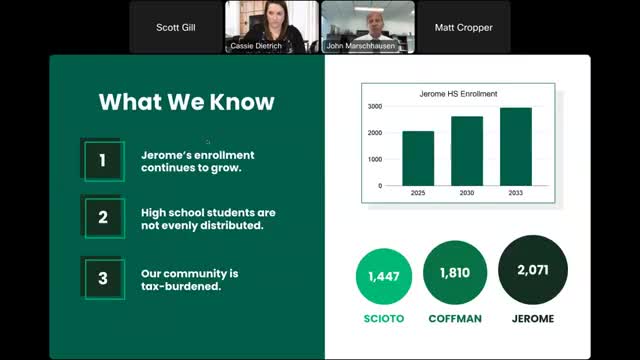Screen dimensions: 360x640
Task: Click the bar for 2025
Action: click(418, 158)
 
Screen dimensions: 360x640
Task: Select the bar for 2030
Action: click(466, 151)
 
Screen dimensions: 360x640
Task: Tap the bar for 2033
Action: click(515, 146)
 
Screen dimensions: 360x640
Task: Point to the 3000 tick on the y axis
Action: click(374, 106)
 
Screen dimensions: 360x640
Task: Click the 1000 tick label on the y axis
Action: click(374, 159)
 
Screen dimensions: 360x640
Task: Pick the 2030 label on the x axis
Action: click(466, 193)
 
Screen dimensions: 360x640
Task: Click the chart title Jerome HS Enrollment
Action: click(458, 94)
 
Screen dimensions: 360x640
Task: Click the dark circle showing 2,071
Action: click(533, 270)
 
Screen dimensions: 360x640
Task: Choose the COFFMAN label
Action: click(455, 319)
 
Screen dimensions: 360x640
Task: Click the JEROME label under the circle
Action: click(532, 319)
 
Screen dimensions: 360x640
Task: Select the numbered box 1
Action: click(103, 160)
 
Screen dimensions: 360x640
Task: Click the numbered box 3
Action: click(103, 278)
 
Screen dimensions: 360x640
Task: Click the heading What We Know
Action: click(186, 102)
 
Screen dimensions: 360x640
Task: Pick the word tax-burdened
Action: click(181, 286)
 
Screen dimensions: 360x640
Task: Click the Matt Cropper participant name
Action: click(463, 28)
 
